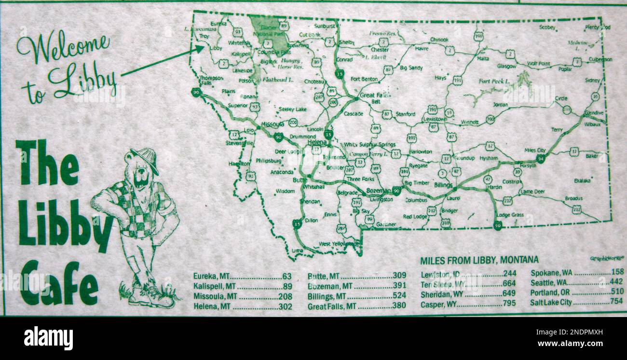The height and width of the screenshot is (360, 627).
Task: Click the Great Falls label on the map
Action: (374, 96)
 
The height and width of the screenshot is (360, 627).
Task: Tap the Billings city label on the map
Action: (443, 185)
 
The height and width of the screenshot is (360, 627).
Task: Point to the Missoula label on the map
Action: (272, 125)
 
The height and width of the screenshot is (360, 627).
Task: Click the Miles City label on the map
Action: (535, 151)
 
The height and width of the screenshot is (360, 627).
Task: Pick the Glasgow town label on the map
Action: (506, 66)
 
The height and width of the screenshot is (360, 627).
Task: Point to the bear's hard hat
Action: (145, 157)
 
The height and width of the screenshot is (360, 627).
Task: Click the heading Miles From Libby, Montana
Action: (479, 261)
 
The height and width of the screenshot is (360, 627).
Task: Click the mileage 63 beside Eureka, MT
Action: (286, 277)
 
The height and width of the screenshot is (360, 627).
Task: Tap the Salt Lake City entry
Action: (550, 303)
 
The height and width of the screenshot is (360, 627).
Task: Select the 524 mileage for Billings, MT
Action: (399, 296)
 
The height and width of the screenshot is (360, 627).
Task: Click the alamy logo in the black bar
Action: (48, 338)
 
